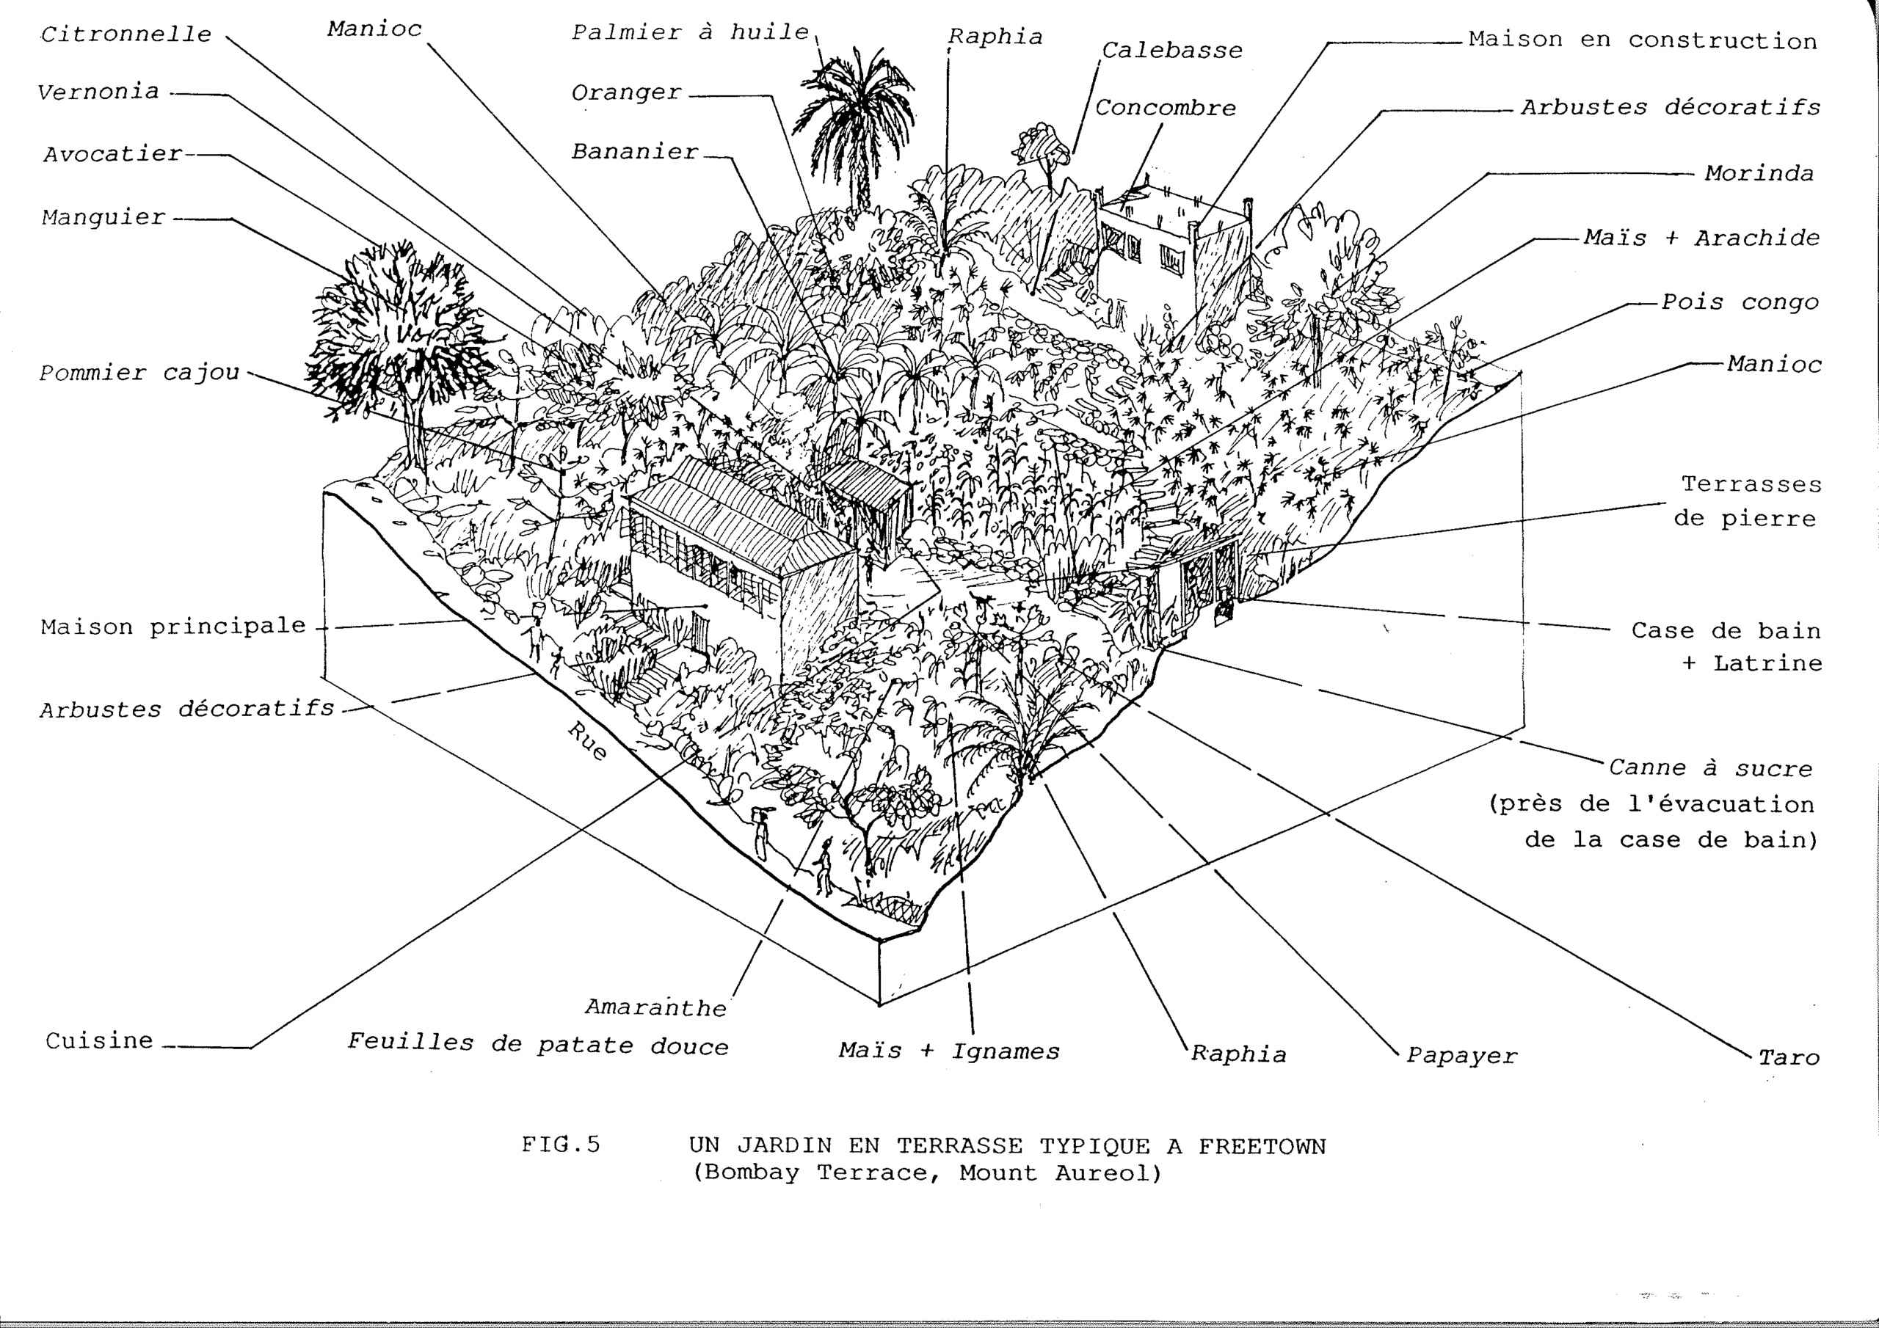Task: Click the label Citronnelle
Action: tap(126, 34)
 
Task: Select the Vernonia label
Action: tap(98, 92)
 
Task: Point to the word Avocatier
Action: tap(113, 154)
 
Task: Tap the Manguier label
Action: tap(104, 218)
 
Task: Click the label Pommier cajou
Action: tap(140, 373)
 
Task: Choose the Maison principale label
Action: tap(173, 627)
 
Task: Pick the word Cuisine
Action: tap(99, 1041)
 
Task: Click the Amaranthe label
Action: tap(655, 1007)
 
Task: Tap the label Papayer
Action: tap(1461, 1056)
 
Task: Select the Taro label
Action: tap(1789, 1057)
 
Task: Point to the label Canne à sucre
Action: tap(1711, 768)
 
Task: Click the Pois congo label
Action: tap(1740, 303)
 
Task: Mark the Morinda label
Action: tap(1759, 173)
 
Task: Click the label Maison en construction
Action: tap(1643, 40)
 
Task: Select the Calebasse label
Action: tap(1172, 51)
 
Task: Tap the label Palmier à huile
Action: tap(690, 33)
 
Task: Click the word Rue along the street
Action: tap(588, 741)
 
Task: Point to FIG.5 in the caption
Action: tap(561, 1144)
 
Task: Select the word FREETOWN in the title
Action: tap(1262, 1145)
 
